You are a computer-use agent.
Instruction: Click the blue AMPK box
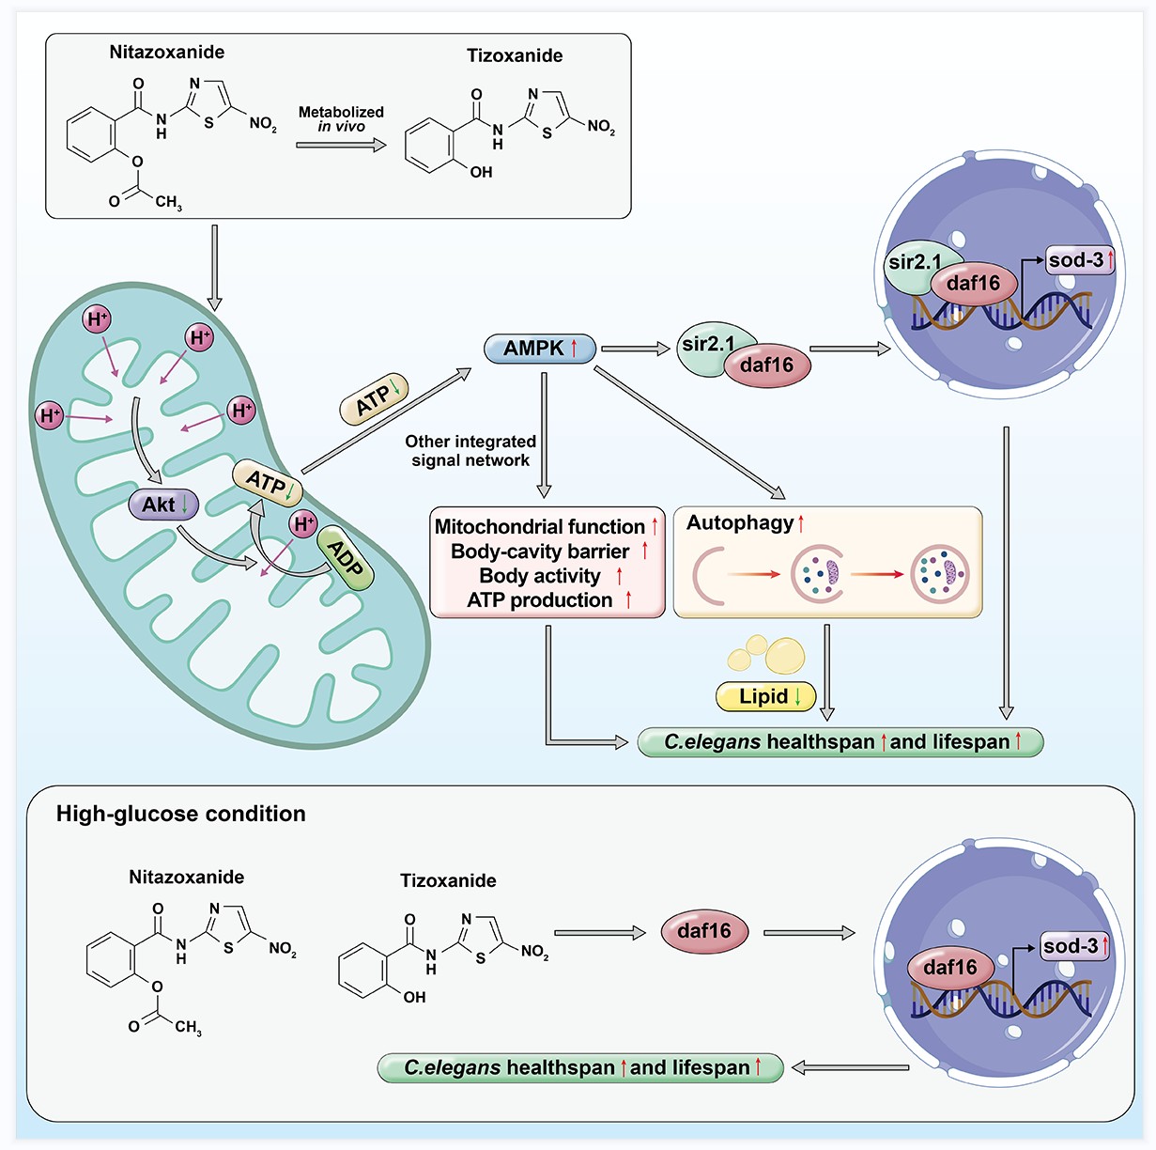(x=540, y=349)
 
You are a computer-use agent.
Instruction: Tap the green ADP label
(x=345, y=558)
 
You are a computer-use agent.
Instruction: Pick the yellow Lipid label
(x=765, y=696)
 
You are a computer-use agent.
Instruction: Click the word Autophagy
(x=740, y=523)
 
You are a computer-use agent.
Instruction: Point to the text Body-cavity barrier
(x=540, y=552)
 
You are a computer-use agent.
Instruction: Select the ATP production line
(x=540, y=600)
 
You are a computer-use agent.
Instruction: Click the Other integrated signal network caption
(x=470, y=451)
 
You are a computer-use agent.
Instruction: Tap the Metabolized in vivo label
(x=341, y=118)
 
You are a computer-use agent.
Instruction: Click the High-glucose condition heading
(x=181, y=814)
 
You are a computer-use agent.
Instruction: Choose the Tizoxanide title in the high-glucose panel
(x=448, y=880)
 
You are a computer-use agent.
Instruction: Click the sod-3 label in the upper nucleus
(x=1076, y=260)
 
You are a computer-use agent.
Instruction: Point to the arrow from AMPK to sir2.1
(x=635, y=349)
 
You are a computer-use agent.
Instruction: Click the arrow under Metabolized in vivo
(x=341, y=145)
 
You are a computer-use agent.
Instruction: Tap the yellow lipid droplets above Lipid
(x=769, y=653)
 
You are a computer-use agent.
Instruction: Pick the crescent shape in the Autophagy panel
(x=704, y=574)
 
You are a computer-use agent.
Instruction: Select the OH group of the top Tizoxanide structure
(x=481, y=172)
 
